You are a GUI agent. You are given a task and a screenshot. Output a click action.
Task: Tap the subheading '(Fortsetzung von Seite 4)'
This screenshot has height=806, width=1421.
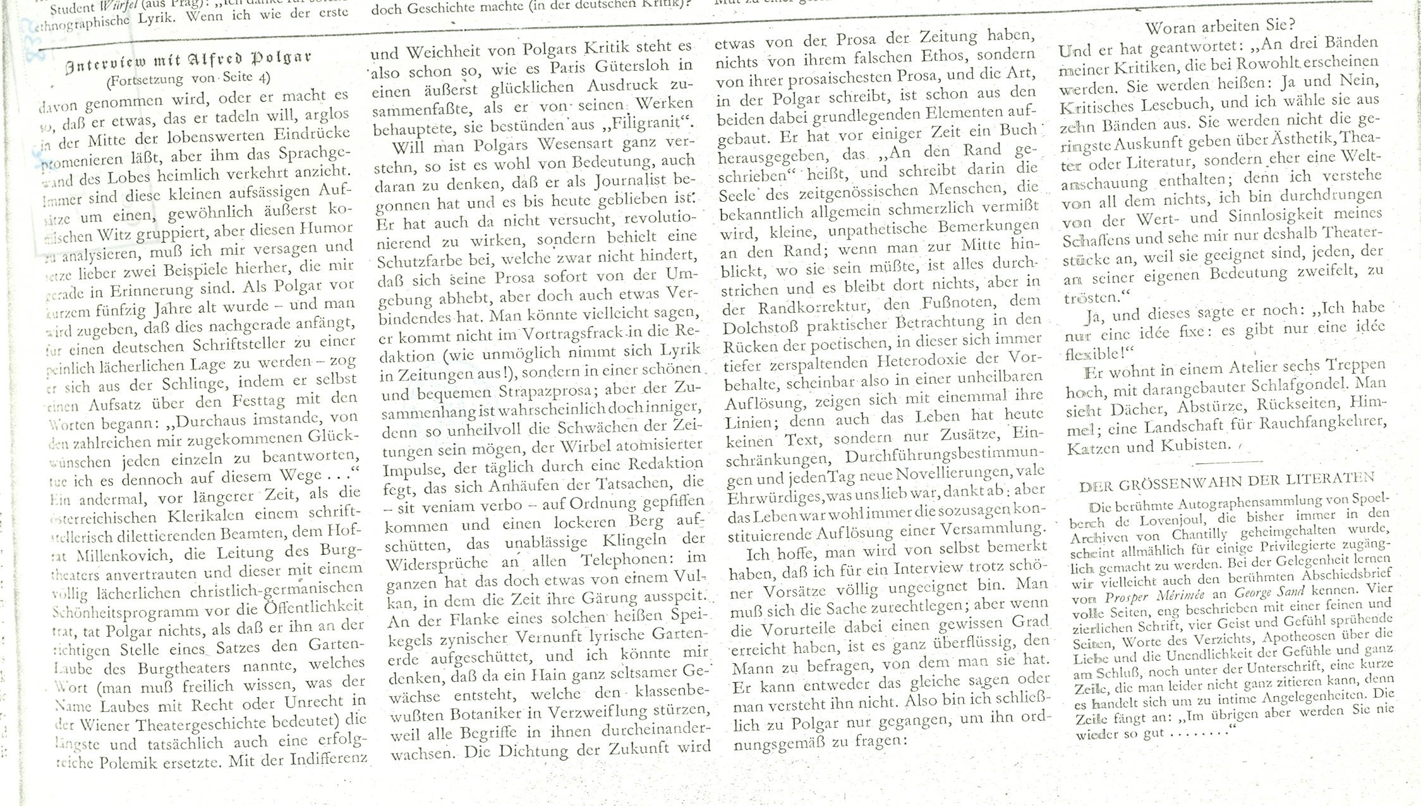[188, 79]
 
